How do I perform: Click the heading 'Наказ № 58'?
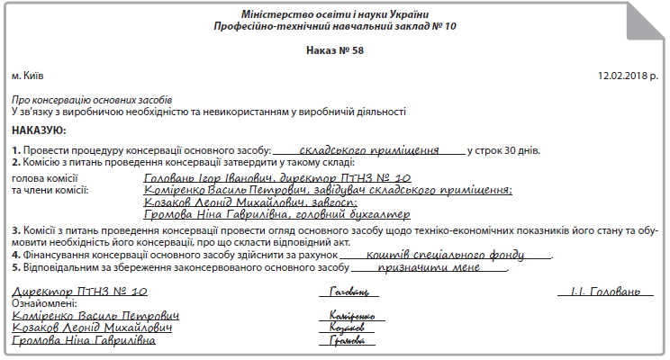[334, 50]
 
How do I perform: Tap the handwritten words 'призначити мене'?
[428, 268]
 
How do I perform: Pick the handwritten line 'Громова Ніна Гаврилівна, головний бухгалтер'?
[265, 215]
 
